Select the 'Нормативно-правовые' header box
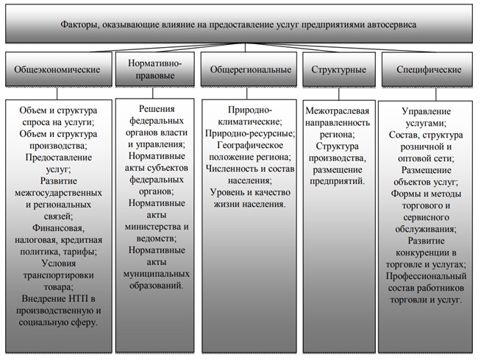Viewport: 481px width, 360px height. click(x=154, y=71)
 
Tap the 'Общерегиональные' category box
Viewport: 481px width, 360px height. click(x=246, y=71)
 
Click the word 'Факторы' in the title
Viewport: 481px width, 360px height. click(x=81, y=24)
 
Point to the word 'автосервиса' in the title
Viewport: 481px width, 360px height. click(x=392, y=24)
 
